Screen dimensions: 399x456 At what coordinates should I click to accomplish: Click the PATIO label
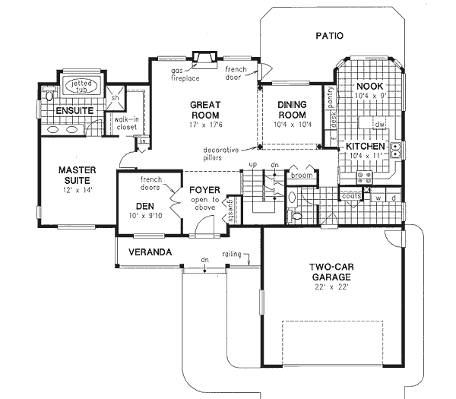pos(328,35)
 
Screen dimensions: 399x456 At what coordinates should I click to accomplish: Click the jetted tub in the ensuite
pos(77,85)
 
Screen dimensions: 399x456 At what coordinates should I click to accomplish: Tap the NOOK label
pos(370,87)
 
